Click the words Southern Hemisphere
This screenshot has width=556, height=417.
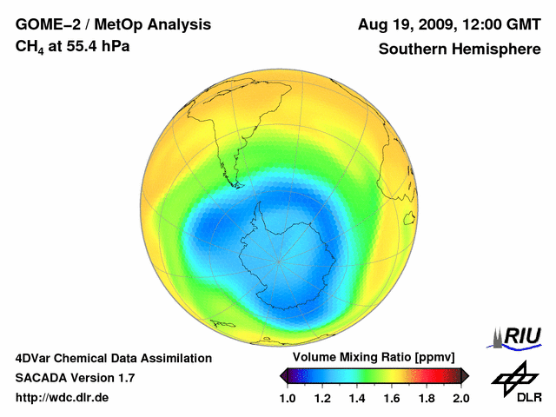459,49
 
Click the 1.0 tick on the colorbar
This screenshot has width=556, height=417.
288,398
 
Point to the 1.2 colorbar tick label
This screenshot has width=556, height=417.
322,398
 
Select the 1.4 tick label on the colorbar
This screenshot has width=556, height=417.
357,398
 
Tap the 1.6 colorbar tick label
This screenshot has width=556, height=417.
392,398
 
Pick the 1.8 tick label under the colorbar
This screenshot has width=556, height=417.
427,398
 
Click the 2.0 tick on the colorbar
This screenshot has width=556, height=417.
461,398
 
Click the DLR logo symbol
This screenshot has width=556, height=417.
513,378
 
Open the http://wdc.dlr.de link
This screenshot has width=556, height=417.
63,398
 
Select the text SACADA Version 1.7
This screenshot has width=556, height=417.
75,378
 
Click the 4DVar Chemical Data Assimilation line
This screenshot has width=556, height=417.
113,358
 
